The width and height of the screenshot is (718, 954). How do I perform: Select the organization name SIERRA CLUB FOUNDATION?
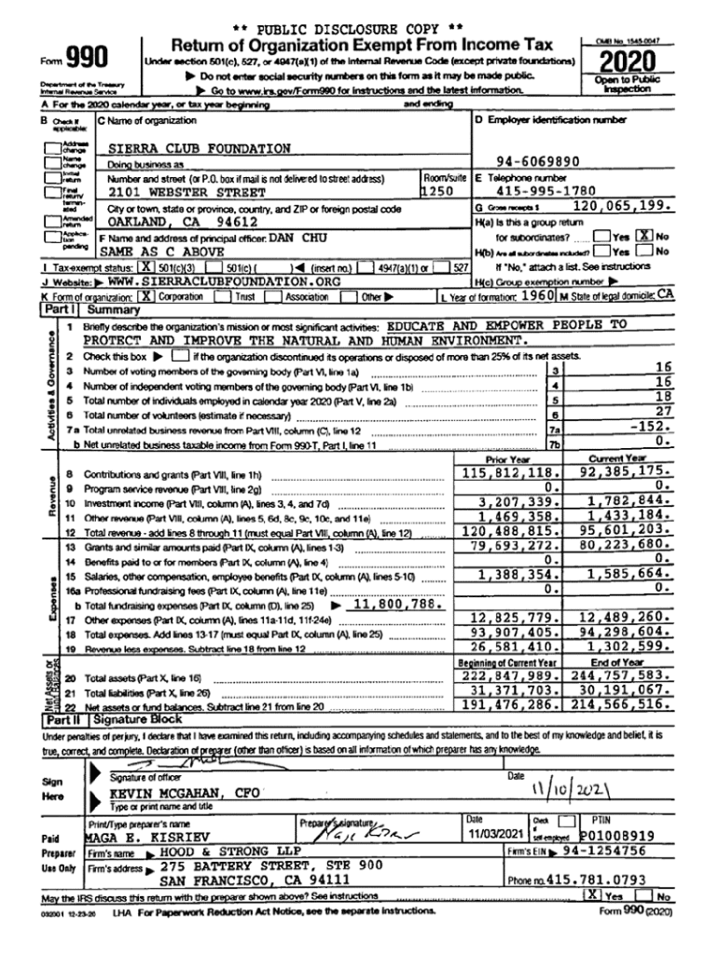[200, 148]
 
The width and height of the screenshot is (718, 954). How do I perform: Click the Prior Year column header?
[508, 459]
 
